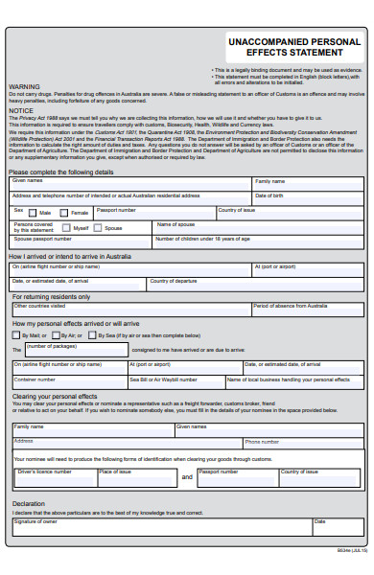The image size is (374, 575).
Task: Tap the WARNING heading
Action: pyautogui.click(x=24, y=86)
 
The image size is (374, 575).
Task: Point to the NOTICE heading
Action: pyautogui.click(x=21, y=110)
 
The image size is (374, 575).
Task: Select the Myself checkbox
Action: pyautogui.click(x=66, y=228)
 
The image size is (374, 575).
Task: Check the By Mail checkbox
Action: pyautogui.click(x=18, y=335)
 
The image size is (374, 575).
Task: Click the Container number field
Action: pyautogui.click(x=67, y=382)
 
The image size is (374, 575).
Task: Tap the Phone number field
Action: pyautogui.click(x=303, y=418)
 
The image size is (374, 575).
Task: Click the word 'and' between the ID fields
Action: pyautogui.click(x=187, y=449)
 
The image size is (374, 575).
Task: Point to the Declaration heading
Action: pyautogui.click(x=29, y=503)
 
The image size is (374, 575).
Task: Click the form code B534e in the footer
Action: pyautogui.click(x=350, y=551)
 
